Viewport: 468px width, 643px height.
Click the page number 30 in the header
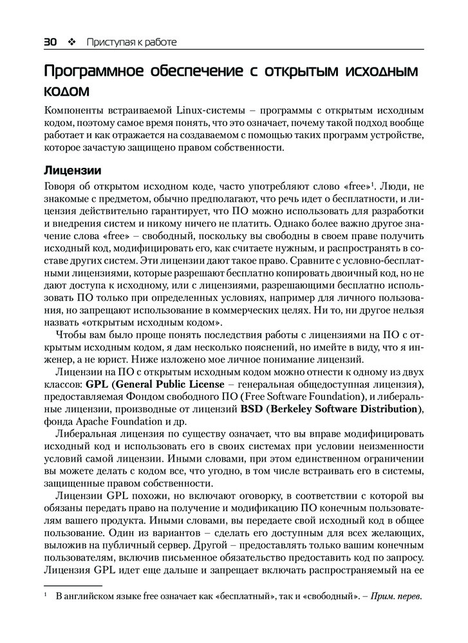tap(51, 42)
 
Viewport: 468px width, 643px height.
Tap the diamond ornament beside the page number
tap(71, 42)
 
